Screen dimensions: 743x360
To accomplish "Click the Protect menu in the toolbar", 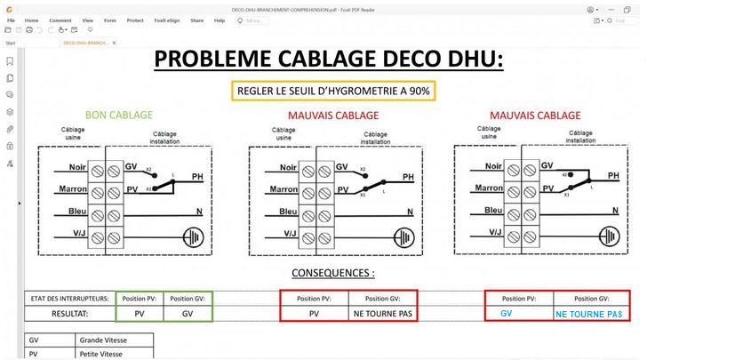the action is [135, 20].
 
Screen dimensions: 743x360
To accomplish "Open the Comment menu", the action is [60, 20].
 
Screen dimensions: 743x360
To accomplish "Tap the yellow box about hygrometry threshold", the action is [333, 91].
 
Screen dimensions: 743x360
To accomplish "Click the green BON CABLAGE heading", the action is [118, 116].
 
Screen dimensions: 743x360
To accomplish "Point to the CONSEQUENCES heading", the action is [332, 273].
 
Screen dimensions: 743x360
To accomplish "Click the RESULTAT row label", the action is [68, 314].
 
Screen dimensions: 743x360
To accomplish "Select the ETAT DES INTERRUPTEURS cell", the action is [68, 299].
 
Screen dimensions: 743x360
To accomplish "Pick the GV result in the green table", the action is [187, 314].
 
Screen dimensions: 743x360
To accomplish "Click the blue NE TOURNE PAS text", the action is [588, 315].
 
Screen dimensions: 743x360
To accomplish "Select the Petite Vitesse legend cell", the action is [100, 353].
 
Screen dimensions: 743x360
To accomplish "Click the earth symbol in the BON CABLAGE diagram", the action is [193, 236].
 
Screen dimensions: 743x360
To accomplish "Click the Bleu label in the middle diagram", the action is [288, 212].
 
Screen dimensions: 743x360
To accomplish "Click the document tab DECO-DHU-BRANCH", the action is [85, 42].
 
